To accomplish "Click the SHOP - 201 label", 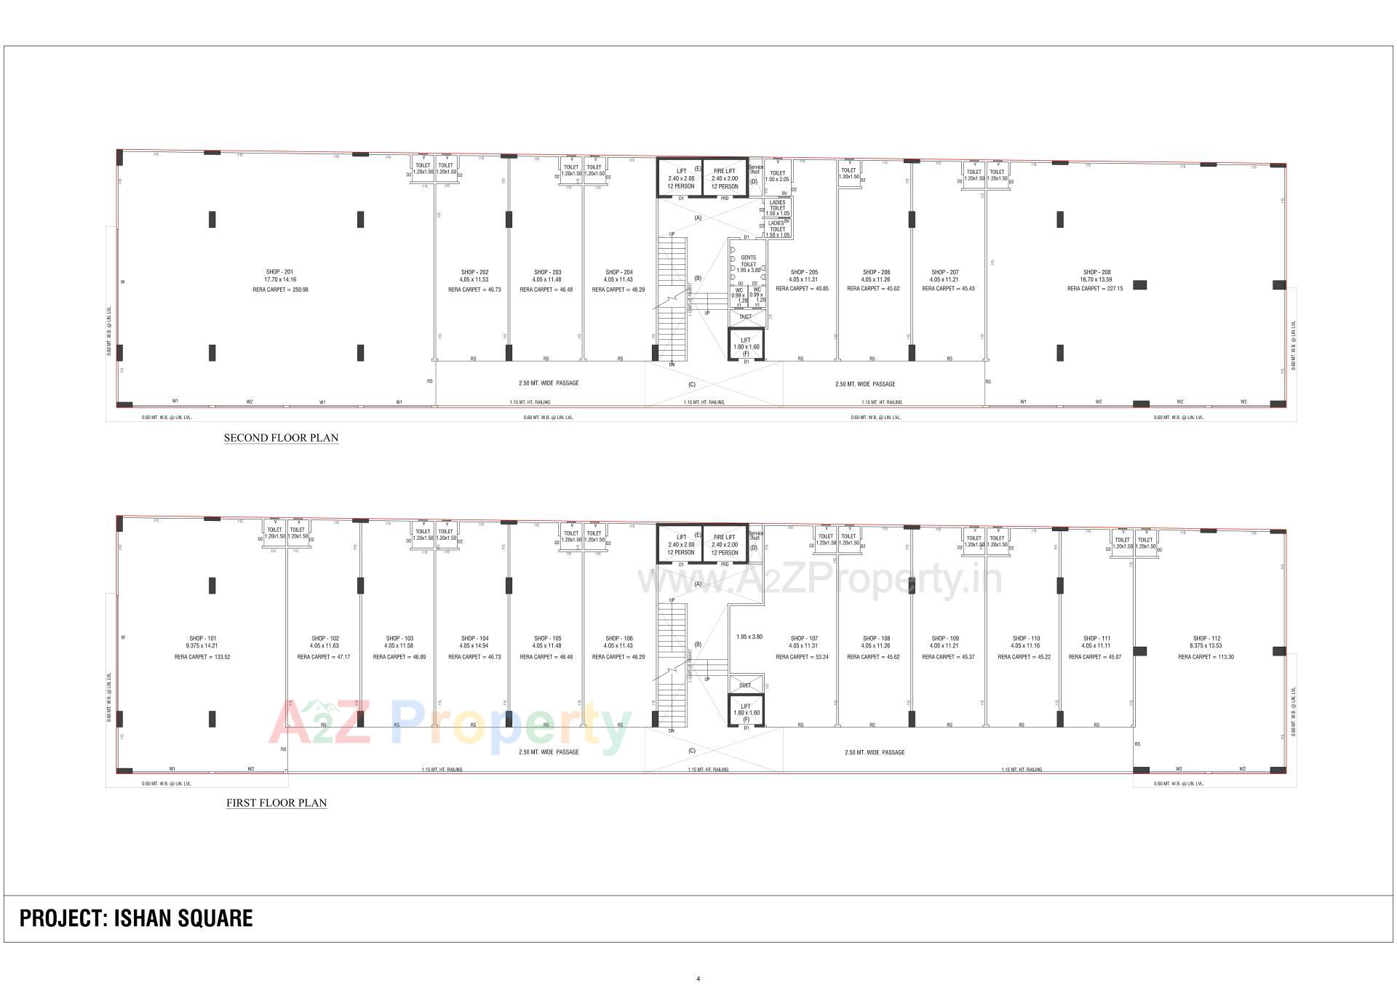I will [280, 272].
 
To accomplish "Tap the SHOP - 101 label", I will [202, 639].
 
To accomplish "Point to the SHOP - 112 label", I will [1206, 639].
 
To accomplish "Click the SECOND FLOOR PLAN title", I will [281, 438].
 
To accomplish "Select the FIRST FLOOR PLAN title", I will [276, 803].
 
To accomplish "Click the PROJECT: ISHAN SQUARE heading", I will [136, 918].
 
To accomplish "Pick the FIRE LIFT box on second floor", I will [725, 178].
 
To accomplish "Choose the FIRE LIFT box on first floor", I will [725, 544].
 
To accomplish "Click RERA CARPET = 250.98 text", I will [280, 290].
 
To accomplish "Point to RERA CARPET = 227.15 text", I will [1094, 289].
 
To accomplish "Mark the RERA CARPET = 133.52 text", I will [202, 657].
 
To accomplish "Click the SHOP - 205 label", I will [803, 272].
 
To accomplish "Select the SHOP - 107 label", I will [803, 639].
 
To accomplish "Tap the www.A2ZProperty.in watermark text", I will [819, 580].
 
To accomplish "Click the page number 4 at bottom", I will [698, 979].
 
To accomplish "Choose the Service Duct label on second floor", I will [755, 170].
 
